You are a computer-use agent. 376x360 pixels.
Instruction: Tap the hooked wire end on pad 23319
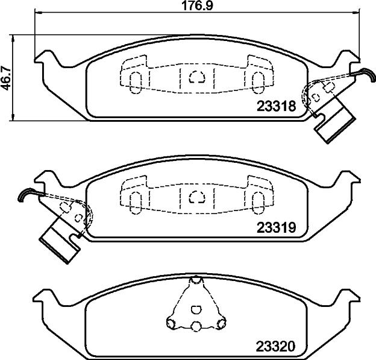coord(26,194)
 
